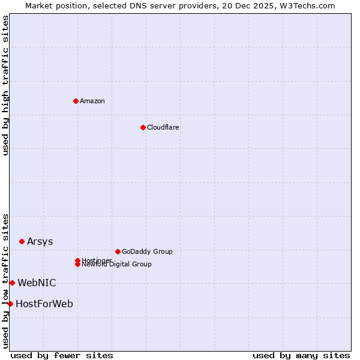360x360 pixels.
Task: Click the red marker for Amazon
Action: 76,101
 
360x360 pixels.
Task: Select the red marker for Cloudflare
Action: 143,127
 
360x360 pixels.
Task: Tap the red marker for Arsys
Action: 22,241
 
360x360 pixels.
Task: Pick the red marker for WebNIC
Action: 12,283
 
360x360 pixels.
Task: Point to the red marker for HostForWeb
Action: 10,304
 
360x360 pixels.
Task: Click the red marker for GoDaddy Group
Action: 118,251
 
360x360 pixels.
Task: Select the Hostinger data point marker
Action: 77,260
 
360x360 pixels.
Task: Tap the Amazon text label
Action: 92,101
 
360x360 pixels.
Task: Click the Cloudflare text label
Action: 163,127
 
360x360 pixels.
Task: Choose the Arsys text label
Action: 40,242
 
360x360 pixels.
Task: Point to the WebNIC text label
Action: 37,283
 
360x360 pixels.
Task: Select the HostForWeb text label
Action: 44,304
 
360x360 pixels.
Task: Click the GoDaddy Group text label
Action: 147,251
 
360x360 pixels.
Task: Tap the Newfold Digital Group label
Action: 116,265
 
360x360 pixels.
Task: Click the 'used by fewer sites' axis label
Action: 62,355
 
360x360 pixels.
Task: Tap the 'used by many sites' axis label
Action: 301,355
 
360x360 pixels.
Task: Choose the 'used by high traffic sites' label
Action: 5,86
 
